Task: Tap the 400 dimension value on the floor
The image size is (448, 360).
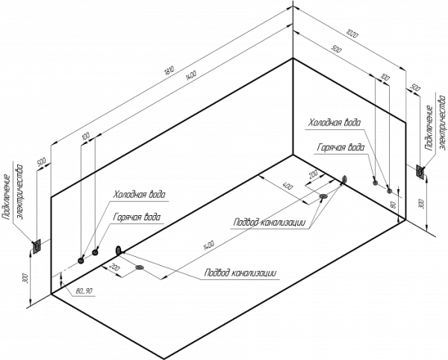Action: pos(288,184)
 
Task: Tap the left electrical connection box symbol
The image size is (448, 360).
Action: pos(35,244)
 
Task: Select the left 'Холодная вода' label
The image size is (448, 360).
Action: pos(139,194)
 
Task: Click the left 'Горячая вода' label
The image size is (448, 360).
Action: pos(137,217)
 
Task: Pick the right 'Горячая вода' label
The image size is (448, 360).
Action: pos(340,147)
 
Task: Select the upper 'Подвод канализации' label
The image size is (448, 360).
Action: pos(267,222)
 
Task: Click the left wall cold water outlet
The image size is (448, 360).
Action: pos(81,260)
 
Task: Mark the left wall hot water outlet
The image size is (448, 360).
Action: pos(95,254)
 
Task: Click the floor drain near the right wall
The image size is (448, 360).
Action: pos(323,197)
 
